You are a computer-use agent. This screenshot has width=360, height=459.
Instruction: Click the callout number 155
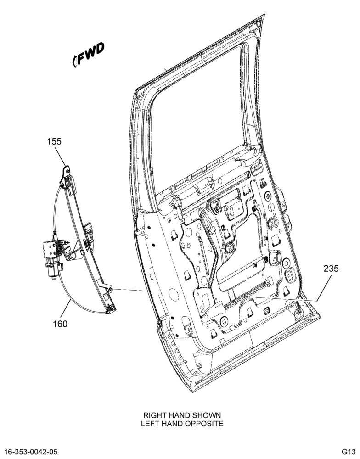[54, 141]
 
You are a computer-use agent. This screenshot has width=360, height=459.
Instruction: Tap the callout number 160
[60, 324]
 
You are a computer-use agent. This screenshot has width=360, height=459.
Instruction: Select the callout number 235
[331, 268]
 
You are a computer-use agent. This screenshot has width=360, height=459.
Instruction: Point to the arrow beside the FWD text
[75, 62]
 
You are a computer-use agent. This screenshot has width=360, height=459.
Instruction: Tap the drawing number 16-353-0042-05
[32, 451]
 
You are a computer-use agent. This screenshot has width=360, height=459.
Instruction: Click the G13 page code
[348, 451]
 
